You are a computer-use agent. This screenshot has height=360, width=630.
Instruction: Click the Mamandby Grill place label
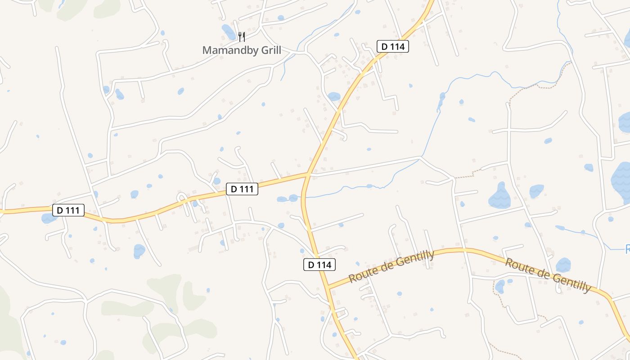[242, 50]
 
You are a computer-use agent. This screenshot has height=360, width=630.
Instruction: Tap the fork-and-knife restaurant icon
[242, 36]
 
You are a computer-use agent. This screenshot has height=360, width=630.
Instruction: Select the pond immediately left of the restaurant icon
[229, 32]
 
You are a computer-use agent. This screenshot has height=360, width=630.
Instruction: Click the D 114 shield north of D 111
[392, 46]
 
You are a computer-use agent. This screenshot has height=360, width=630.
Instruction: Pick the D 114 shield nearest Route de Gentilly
[319, 265]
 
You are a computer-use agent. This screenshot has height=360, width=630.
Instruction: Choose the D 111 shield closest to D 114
[242, 189]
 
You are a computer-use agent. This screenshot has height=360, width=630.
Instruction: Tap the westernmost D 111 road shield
[68, 210]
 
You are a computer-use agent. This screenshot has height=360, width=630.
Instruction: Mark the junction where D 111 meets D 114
[307, 174]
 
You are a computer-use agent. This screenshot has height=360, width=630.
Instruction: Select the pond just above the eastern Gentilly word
[563, 265]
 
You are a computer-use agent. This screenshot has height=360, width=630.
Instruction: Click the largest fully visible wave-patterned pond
[499, 196]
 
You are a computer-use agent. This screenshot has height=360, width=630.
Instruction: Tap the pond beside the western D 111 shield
[48, 219]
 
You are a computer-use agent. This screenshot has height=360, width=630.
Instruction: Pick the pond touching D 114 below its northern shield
[334, 96]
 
